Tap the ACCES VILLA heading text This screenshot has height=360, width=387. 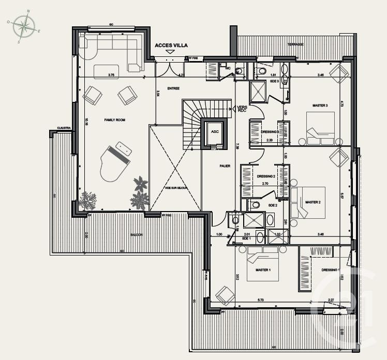coord(171,46)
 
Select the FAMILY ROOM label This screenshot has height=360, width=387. coord(115,120)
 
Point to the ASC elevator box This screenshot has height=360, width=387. coord(215,132)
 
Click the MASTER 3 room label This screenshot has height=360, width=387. coord(320,106)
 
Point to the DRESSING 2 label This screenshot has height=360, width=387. coord(266,176)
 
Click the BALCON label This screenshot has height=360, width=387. coord(137,235)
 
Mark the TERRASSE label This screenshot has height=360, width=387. coord(296,44)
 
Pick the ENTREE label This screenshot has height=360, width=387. coord(173,88)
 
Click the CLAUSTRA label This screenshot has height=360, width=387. coord(64,128)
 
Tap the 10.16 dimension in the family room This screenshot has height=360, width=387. coord(86,122)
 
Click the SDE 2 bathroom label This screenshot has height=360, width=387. coord(273,206)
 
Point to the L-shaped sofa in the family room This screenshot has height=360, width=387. coord(111,49)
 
